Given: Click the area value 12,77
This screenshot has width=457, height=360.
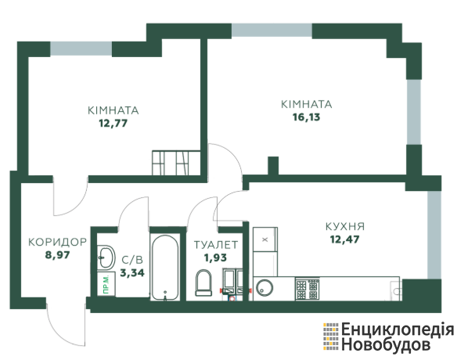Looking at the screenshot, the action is (113, 124).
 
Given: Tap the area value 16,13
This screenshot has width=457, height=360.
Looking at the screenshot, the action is (306, 117).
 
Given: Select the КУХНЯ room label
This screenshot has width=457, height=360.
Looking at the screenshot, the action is (345, 226).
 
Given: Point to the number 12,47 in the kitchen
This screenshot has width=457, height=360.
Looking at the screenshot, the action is (344, 239).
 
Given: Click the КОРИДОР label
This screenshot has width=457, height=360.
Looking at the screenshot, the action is (57, 242).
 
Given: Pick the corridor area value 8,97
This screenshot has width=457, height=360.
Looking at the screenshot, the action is (57, 255).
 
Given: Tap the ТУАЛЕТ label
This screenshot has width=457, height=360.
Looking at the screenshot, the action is (216, 245).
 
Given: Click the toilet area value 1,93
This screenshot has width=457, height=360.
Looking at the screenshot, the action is (216, 257).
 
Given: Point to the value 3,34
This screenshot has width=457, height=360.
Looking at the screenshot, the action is (132, 273).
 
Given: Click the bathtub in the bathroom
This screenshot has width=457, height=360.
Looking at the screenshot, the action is (165, 268).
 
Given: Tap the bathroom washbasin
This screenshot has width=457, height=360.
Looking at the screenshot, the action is (106, 257).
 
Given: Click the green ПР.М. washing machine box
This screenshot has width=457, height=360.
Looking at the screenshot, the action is (106, 284).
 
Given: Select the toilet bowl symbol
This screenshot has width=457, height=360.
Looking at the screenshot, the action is (203, 283).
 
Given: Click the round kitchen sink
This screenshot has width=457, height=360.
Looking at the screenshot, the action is (264, 288).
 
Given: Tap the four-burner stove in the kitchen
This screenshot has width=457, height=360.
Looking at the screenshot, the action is (308, 289).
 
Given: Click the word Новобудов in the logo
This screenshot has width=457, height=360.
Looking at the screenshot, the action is (385, 344).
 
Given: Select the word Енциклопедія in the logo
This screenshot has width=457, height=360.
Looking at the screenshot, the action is (398, 329).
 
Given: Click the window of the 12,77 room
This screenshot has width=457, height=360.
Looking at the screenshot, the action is (81, 49).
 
